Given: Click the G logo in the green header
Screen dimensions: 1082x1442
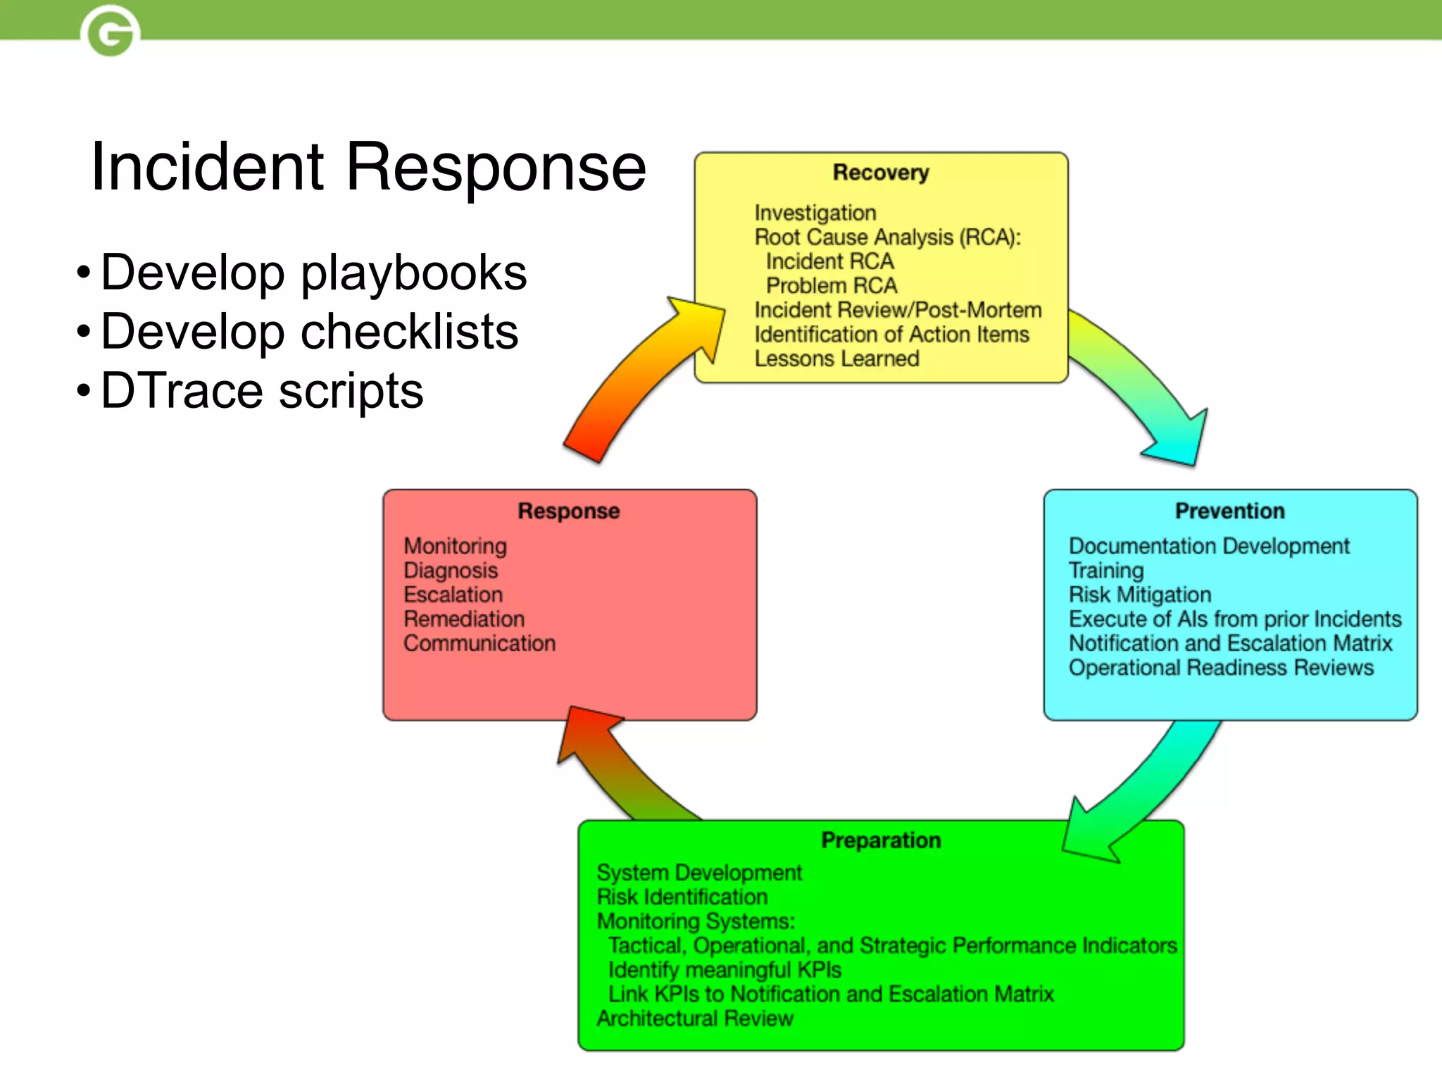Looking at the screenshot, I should pyautogui.click(x=111, y=31).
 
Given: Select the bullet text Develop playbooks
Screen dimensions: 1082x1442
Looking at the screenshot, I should pyautogui.click(x=313, y=273).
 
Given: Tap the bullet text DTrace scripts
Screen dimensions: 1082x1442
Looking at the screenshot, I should pyautogui.click(x=262, y=391).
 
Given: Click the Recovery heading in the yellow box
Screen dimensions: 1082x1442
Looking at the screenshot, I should pyautogui.click(x=881, y=173).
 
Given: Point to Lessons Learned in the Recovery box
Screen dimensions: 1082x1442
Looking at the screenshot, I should pyautogui.click(x=836, y=359).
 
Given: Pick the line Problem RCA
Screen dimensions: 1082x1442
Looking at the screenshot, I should pyautogui.click(x=832, y=285).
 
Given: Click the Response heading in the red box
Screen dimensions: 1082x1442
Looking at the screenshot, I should pyautogui.click(x=569, y=511).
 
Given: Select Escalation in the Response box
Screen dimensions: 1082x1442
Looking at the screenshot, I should pyautogui.click(x=453, y=595).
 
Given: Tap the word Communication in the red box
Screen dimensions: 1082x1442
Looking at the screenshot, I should pyautogui.click(x=479, y=643).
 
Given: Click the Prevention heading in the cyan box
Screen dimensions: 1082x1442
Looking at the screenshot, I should pyautogui.click(x=1229, y=511).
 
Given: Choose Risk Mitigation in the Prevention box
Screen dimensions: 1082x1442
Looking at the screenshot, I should pyautogui.click(x=1139, y=595).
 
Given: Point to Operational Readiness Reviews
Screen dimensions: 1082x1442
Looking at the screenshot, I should pyautogui.click(x=1221, y=667).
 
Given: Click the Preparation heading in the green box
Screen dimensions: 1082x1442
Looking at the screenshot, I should pyautogui.click(x=881, y=840).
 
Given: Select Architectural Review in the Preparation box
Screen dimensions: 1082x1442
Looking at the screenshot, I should pyautogui.click(x=695, y=1018).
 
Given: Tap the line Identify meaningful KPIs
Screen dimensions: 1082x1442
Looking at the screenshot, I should pyautogui.click(x=725, y=970).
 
